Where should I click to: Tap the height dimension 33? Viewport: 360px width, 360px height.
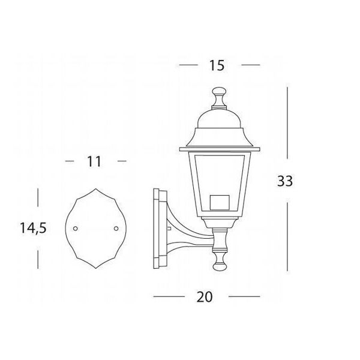click(285, 181)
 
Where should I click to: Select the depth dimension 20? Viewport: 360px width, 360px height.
click(204, 296)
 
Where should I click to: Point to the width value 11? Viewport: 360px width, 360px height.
click(92, 161)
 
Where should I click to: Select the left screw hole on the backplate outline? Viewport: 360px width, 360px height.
click(75, 229)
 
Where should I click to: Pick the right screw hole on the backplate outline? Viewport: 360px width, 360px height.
click(116, 228)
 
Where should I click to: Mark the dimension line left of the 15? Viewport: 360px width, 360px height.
click(189, 64)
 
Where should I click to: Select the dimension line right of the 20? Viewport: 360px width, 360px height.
click(244, 296)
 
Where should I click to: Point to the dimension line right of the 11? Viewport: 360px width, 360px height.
click(121, 161)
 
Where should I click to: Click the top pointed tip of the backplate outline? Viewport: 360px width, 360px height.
click(96, 188)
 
